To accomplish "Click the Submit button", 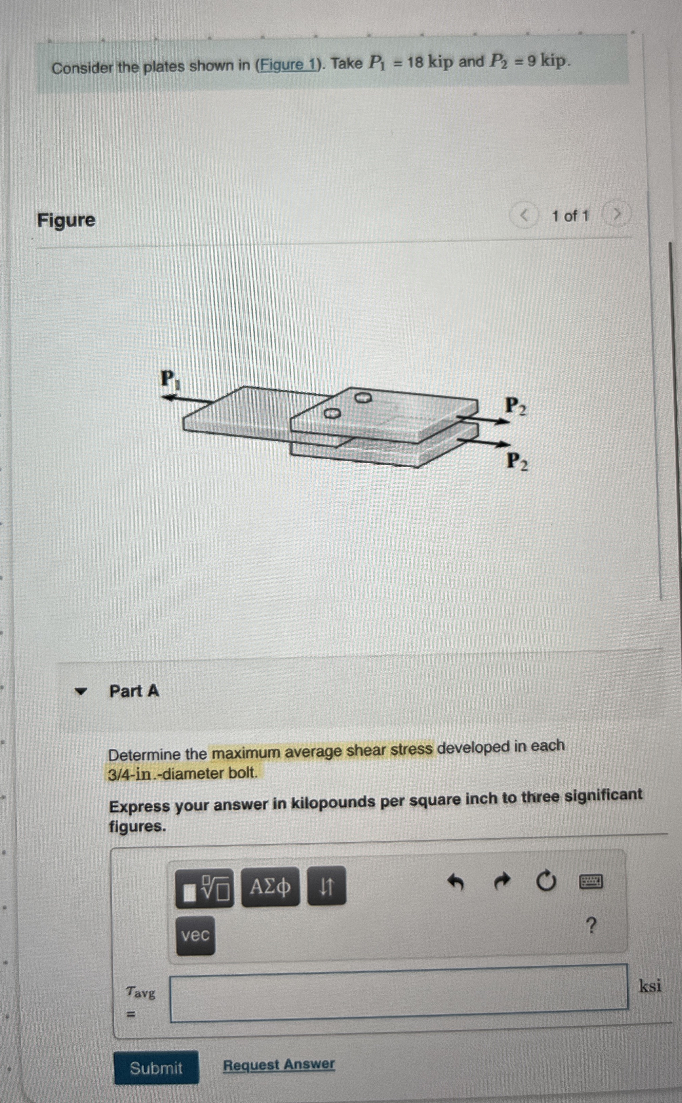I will pyautogui.click(x=156, y=1068).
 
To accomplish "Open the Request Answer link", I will pyautogui.click(x=279, y=1065).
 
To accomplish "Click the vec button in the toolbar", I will pyautogui.click(x=195, y=935).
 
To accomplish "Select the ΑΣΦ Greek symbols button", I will pyautogui.click(x=270, y=887).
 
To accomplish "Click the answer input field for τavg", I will pyautogui.click(x=399, y=993).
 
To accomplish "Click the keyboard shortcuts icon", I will pyautogui.click(x=590, y=881).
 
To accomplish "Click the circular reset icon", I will pyautogui.click(x=546, y=881).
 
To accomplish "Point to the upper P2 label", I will pyautogui.click(x=515, y=406).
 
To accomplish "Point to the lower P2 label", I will pyautogui.click(x=517, y=461).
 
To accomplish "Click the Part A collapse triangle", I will pyautogui.click(x=81, y=691).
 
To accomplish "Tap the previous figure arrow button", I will pyautogui.click(x=524, y=216).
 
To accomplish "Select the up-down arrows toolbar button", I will pyautogui.click(x=327, y=886).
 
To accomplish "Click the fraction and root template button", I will pyautogui.click(x=204, y=888).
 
